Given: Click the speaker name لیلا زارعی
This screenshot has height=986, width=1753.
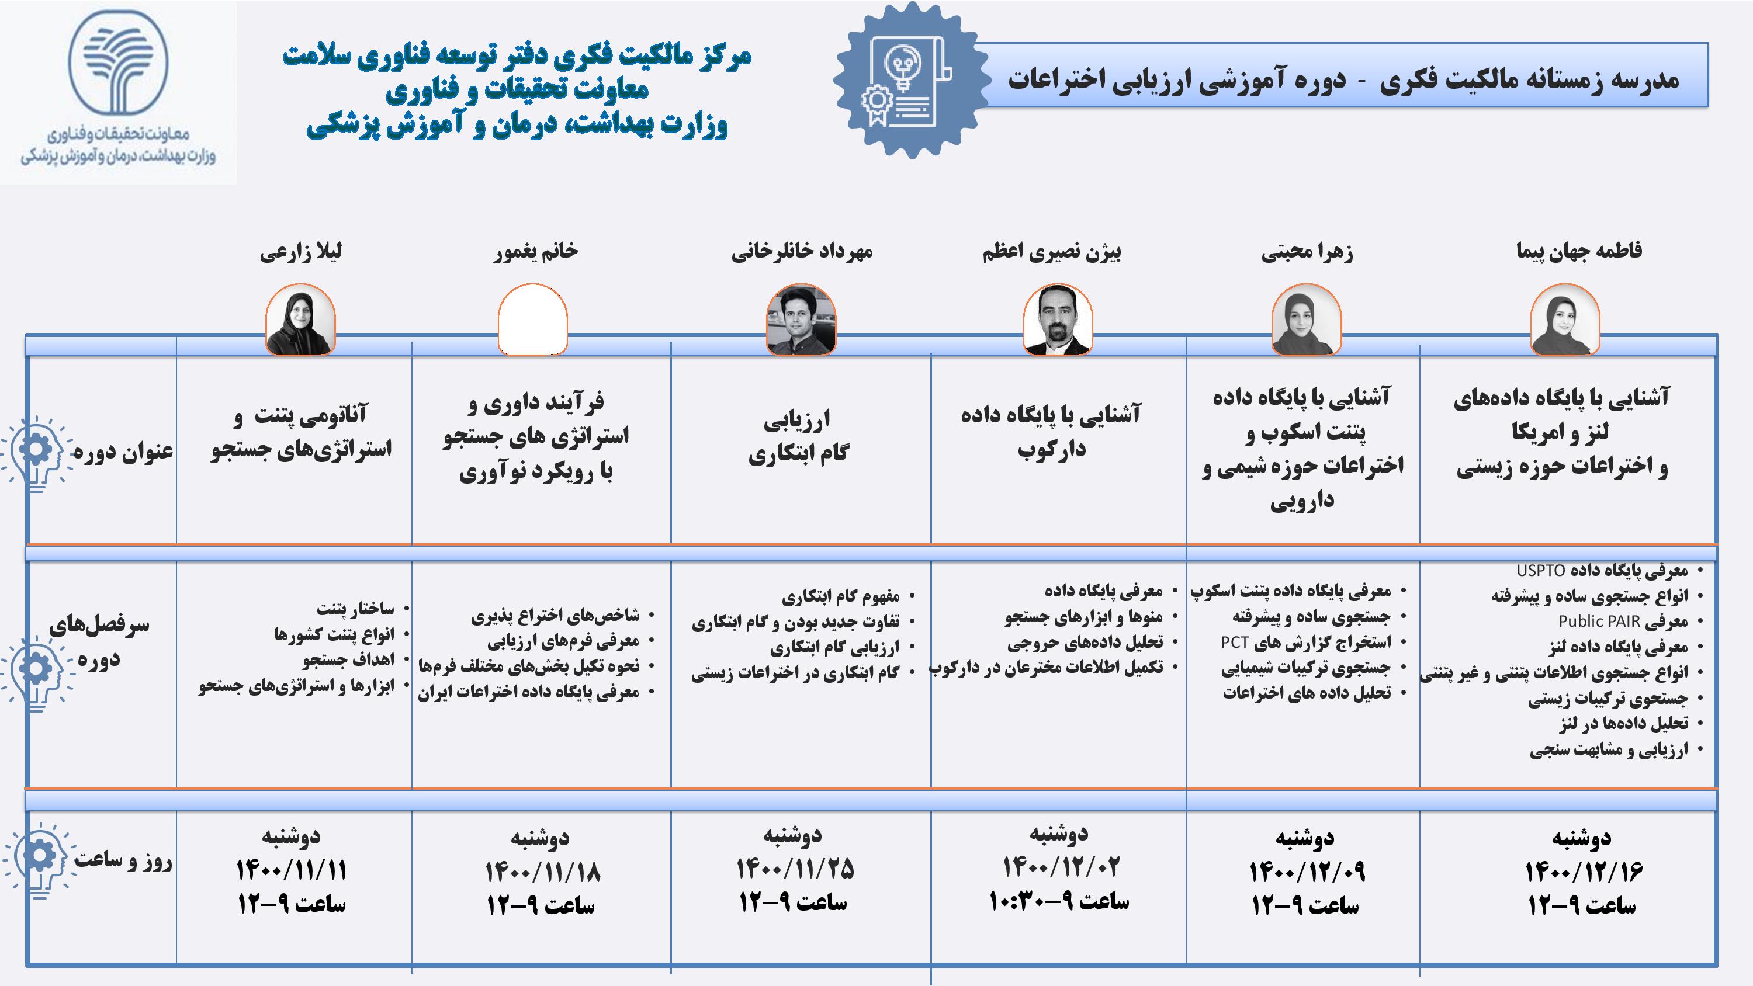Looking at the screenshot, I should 301,252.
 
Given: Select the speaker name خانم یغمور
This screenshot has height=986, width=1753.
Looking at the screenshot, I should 536,251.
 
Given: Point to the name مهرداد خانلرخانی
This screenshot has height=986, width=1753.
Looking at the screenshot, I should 802,252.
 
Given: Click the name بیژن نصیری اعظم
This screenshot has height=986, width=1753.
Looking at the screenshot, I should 1051,252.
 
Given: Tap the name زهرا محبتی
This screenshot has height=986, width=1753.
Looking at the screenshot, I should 1307,252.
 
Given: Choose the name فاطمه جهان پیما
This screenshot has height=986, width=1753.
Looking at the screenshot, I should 1579,251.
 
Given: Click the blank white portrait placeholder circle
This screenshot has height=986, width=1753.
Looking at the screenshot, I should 533,320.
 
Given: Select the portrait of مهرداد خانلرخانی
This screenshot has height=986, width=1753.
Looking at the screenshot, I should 801,320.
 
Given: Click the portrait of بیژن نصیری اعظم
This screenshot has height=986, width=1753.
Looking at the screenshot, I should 1058,320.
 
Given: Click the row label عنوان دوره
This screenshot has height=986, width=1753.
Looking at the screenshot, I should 123,452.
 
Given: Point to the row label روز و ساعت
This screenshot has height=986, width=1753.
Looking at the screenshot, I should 123,860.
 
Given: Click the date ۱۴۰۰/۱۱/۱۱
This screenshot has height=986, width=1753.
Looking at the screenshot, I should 291,870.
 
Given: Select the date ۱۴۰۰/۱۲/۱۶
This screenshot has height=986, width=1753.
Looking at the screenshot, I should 1584,872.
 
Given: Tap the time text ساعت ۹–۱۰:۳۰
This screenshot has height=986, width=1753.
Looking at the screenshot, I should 1059,902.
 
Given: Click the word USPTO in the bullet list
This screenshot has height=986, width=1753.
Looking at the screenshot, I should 1541,570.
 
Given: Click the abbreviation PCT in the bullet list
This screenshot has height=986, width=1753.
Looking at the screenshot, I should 1234,642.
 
